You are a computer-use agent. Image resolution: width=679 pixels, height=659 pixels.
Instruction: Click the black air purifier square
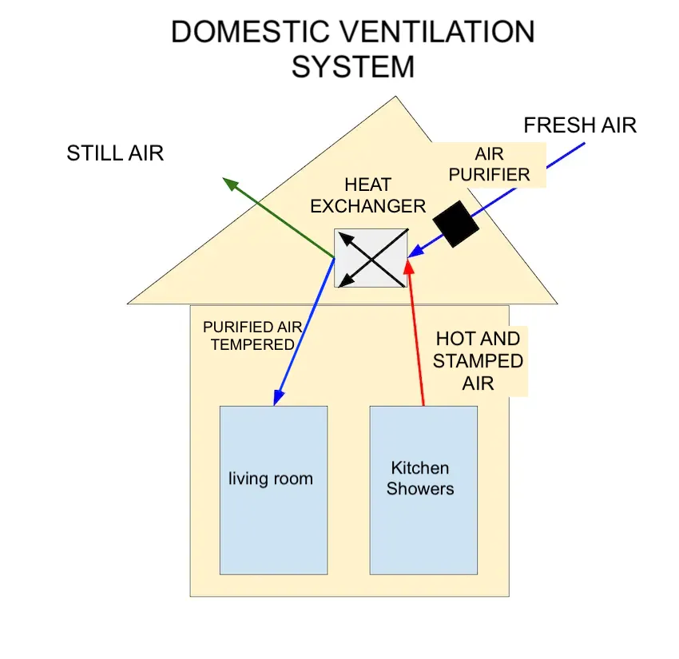pos(455,223)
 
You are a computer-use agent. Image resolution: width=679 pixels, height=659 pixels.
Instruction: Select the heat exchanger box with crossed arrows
pos(371,258)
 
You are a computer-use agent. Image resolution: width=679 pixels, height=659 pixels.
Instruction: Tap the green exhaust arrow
pos(279,218)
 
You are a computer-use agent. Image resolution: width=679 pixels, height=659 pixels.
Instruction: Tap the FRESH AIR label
pos(580,125)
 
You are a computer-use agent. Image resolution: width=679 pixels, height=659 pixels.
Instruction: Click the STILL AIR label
pos(115,153)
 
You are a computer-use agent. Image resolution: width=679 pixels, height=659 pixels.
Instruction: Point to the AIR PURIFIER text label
pos(501,164)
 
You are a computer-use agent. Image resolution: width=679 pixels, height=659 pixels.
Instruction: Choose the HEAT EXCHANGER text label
pos(368,196)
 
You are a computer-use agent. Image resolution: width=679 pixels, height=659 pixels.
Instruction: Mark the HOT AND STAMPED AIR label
pos(478,360)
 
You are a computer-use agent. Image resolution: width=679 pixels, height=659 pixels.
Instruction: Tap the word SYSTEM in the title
pos(353,67)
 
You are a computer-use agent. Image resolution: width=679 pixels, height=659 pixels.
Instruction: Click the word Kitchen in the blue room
pos(420,468)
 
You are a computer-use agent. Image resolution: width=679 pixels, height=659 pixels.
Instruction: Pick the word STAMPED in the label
pos(478,361)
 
